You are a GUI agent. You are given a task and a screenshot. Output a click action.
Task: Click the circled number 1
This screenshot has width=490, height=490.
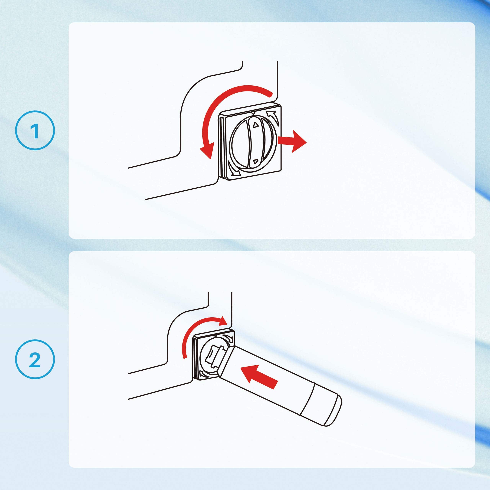[35, 130]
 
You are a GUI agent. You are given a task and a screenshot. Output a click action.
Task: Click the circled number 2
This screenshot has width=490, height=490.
[35, 359]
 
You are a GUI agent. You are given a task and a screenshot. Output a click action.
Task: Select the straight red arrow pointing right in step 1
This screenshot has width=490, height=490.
[292, 141]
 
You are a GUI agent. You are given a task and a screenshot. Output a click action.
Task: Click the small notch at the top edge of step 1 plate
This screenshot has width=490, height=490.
[253, 112]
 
